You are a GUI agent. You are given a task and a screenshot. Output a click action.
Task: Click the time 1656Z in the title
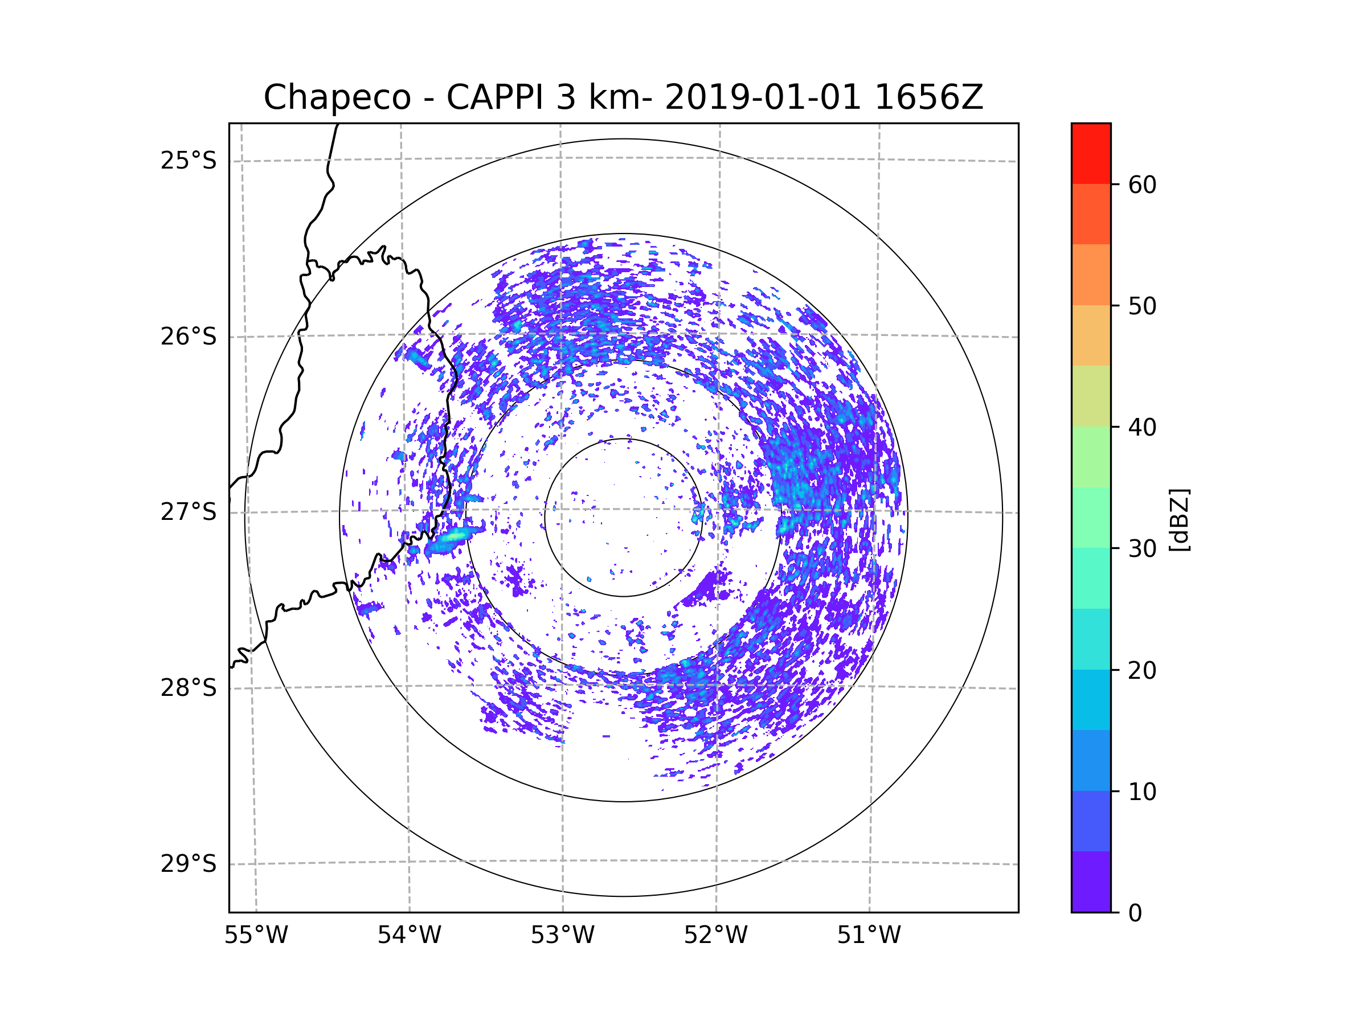tap(929, 97)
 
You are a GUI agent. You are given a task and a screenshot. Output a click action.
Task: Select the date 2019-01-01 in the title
tap(763, 97)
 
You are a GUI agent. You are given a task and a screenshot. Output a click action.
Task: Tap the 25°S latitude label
tap(189, 161)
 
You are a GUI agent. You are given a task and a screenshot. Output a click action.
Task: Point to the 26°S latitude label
tap(189, 337)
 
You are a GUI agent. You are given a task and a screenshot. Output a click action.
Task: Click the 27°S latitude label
tap(189, 512)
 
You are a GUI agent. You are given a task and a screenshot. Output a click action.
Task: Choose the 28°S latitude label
tap(189, 688)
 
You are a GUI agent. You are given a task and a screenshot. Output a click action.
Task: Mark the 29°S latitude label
tap(189, 864)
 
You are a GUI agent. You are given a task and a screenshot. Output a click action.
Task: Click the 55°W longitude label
tap(256, 936)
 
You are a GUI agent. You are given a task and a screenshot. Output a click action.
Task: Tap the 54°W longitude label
tap(409, 936)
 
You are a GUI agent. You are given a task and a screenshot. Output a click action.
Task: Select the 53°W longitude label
tap(562, 936)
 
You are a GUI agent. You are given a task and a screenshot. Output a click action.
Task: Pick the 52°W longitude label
tap(715, 936)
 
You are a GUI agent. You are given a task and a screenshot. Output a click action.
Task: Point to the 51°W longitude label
tap(869, 936)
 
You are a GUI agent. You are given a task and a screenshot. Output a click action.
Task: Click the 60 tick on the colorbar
tap(1142, 184)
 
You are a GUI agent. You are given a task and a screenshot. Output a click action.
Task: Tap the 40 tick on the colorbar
tap(1142, 428)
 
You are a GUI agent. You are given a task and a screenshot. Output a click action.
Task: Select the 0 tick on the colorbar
tap(1135, 913)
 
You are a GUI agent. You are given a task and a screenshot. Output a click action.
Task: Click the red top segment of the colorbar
tap(1091, 153)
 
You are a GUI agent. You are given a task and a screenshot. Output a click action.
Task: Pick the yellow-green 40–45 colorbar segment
tap(1091, 396)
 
